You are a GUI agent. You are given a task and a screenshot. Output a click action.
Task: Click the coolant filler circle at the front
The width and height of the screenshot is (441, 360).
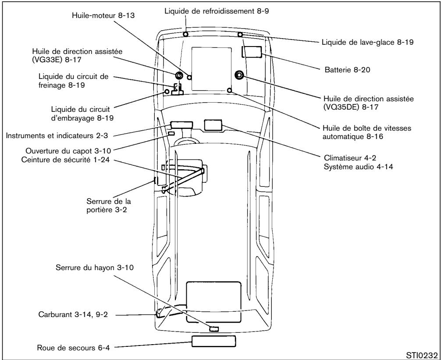pos(186,34)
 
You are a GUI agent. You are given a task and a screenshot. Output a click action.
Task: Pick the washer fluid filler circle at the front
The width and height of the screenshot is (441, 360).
pos(240,35)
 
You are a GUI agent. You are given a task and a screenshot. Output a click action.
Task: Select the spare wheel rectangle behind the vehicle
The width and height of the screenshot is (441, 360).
pos(213,341)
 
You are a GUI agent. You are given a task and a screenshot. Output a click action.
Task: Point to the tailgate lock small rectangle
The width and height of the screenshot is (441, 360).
pos(213,328)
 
